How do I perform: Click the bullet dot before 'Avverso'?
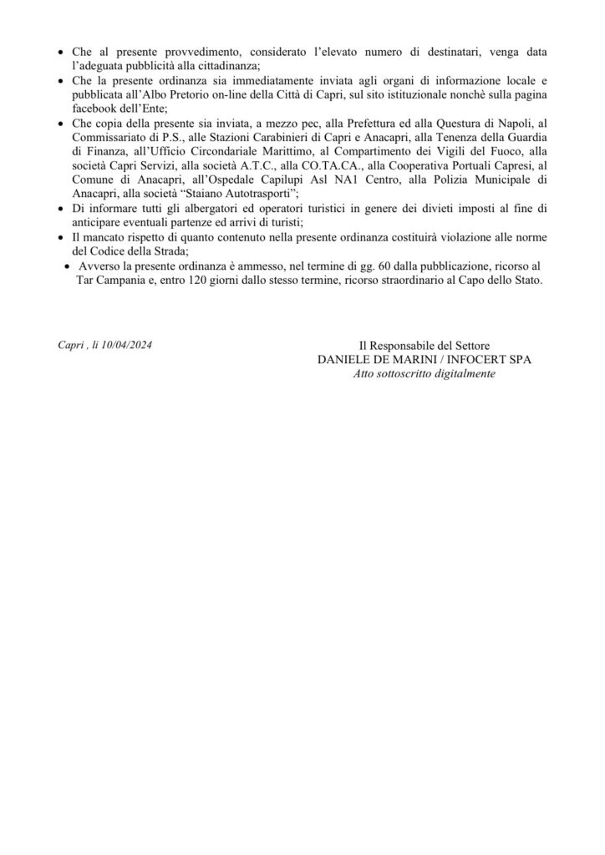(x=68, y=267)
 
